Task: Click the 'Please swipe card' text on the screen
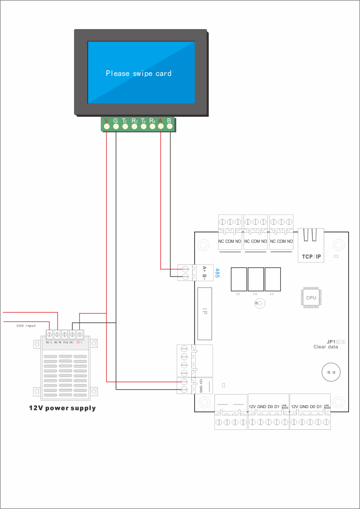coord(138,74)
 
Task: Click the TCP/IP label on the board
coord(311,256)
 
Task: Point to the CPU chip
coord(311,298)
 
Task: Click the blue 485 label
coord(217,273)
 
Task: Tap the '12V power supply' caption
coord(62,408)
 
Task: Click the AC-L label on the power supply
coord(49,342)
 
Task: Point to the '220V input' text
coord(26,326)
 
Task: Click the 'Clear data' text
coord(326,347)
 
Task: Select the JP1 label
coord(330,342)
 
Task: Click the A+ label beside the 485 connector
coord(204,269)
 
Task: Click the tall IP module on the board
coord(205,312)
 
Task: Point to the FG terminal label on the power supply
coord(65,342)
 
